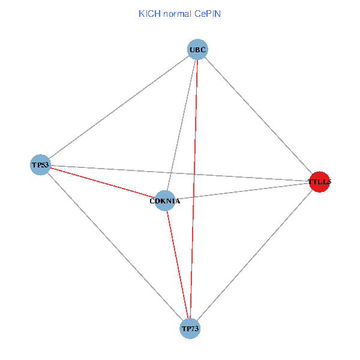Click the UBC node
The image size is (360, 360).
198,49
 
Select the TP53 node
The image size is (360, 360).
40,164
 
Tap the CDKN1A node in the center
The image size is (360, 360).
165,201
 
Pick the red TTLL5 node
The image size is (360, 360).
319,181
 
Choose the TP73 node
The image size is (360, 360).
190,329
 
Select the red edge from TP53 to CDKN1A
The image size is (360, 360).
102,182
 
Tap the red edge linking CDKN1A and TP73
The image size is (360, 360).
178,265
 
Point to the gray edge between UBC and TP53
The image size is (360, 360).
119,107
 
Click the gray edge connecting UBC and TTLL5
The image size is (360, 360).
259,115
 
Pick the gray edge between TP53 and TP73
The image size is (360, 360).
115,247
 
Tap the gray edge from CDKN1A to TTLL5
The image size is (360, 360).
252,190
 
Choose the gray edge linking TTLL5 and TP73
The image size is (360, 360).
254,255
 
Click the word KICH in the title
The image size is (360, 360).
148,13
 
